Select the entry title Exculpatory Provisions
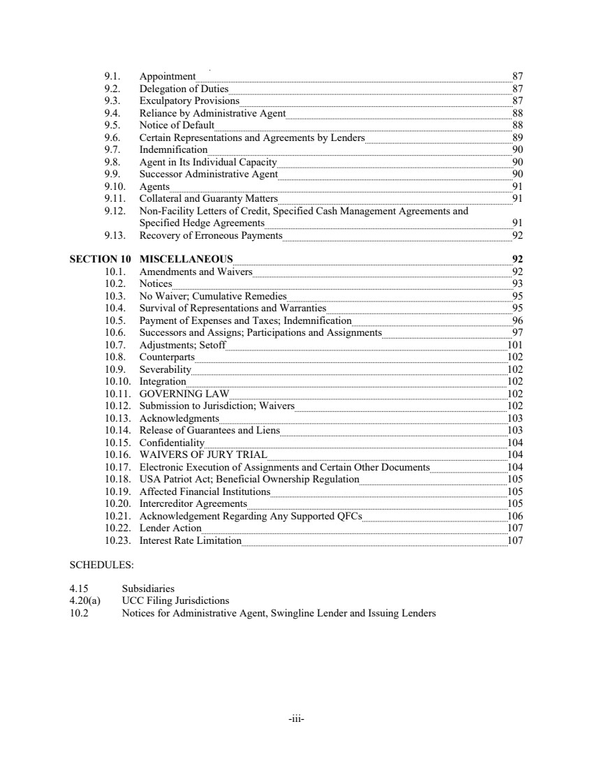[189, 101]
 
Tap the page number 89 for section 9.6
[518, 138]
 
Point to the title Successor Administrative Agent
[209, 174]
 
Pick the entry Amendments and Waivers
[196, 272]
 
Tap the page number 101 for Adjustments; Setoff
[515, 345]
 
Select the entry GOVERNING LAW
[184, 394]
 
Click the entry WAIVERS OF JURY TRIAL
[203, 455]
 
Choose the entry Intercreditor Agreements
[193, 503]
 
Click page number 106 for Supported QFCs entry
[515, 516]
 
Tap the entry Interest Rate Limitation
[191, 540]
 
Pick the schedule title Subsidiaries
[148, 589]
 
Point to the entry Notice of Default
[177, 125]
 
